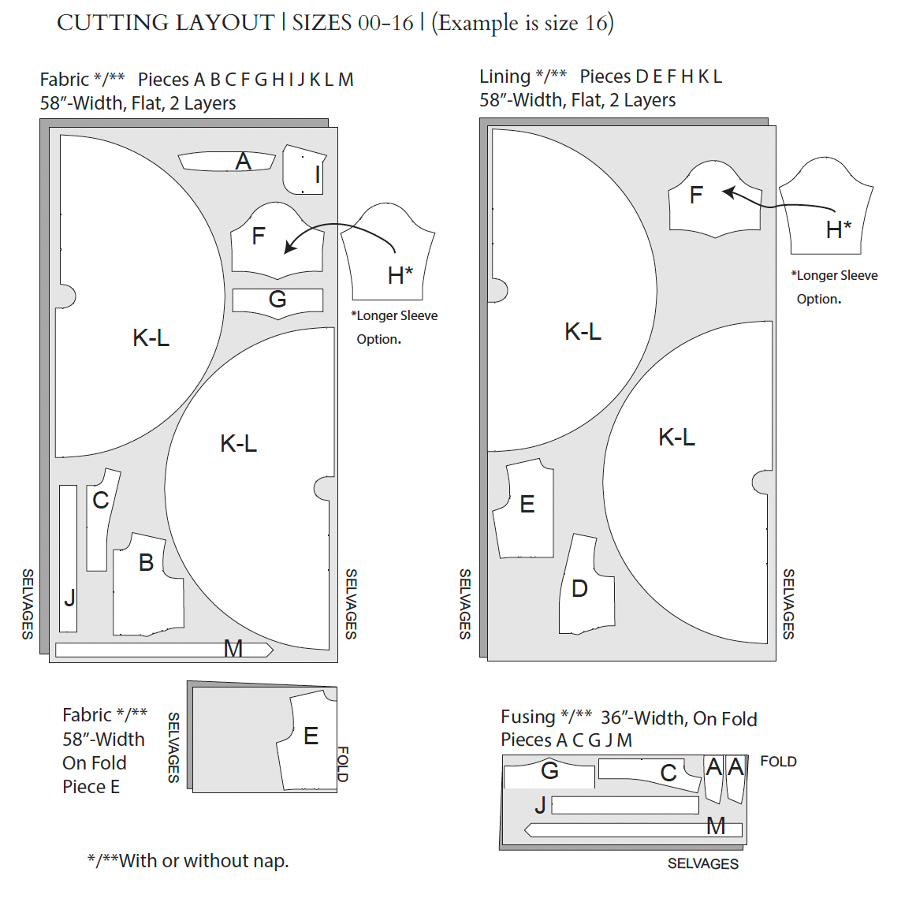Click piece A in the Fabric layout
coord(227,162)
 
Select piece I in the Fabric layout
coord(304,170)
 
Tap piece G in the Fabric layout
coord(277,300)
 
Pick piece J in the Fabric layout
coord(69,558)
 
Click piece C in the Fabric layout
coord(99,520)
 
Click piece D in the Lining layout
coord(586,586)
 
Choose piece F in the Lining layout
coord(713,200)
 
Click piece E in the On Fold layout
coord(310,740)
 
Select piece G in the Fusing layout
coord(549,774)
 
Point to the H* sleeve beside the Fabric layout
coord(388,252)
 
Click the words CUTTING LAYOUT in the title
coord(166,23)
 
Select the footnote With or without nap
coord(188,861)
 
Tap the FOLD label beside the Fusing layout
coord(778,762)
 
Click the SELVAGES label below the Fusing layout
coord(702,864)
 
